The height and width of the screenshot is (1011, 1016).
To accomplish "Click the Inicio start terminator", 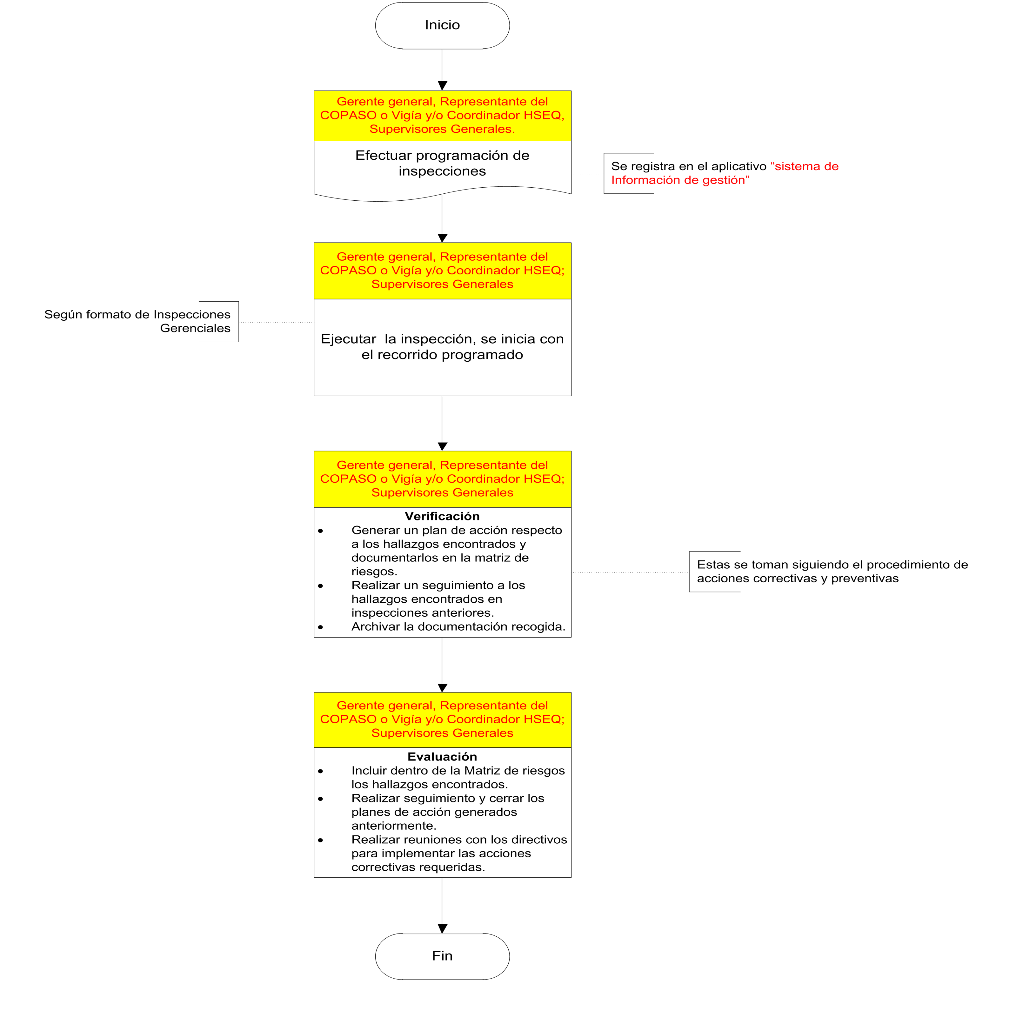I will (442, 25).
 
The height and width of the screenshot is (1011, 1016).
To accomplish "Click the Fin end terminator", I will (442, 956).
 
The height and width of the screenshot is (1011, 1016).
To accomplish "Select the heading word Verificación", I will (442, 516).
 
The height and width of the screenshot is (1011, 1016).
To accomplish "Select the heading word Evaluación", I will (442, 756).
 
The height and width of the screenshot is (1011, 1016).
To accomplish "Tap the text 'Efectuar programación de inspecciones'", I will (442, 163).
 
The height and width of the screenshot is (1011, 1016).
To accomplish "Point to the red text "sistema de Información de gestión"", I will (724, 173).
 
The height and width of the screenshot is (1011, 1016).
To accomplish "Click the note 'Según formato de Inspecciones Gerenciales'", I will (138, 321).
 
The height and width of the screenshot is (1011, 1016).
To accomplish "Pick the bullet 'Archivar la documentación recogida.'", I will (458, 626).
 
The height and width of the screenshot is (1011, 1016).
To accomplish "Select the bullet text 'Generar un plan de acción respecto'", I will (457, 530).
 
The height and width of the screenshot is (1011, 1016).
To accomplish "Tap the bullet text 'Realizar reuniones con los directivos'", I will (459, 840).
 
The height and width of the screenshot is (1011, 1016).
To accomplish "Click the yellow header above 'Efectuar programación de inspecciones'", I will (442, 115).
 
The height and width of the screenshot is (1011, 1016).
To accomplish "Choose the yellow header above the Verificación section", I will (442, 479).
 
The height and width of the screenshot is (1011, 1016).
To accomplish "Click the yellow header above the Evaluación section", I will (442, 719).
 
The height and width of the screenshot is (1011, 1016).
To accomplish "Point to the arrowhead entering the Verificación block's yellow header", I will (442, 446).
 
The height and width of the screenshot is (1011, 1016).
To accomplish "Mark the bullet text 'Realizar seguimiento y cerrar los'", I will (448, 798).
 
